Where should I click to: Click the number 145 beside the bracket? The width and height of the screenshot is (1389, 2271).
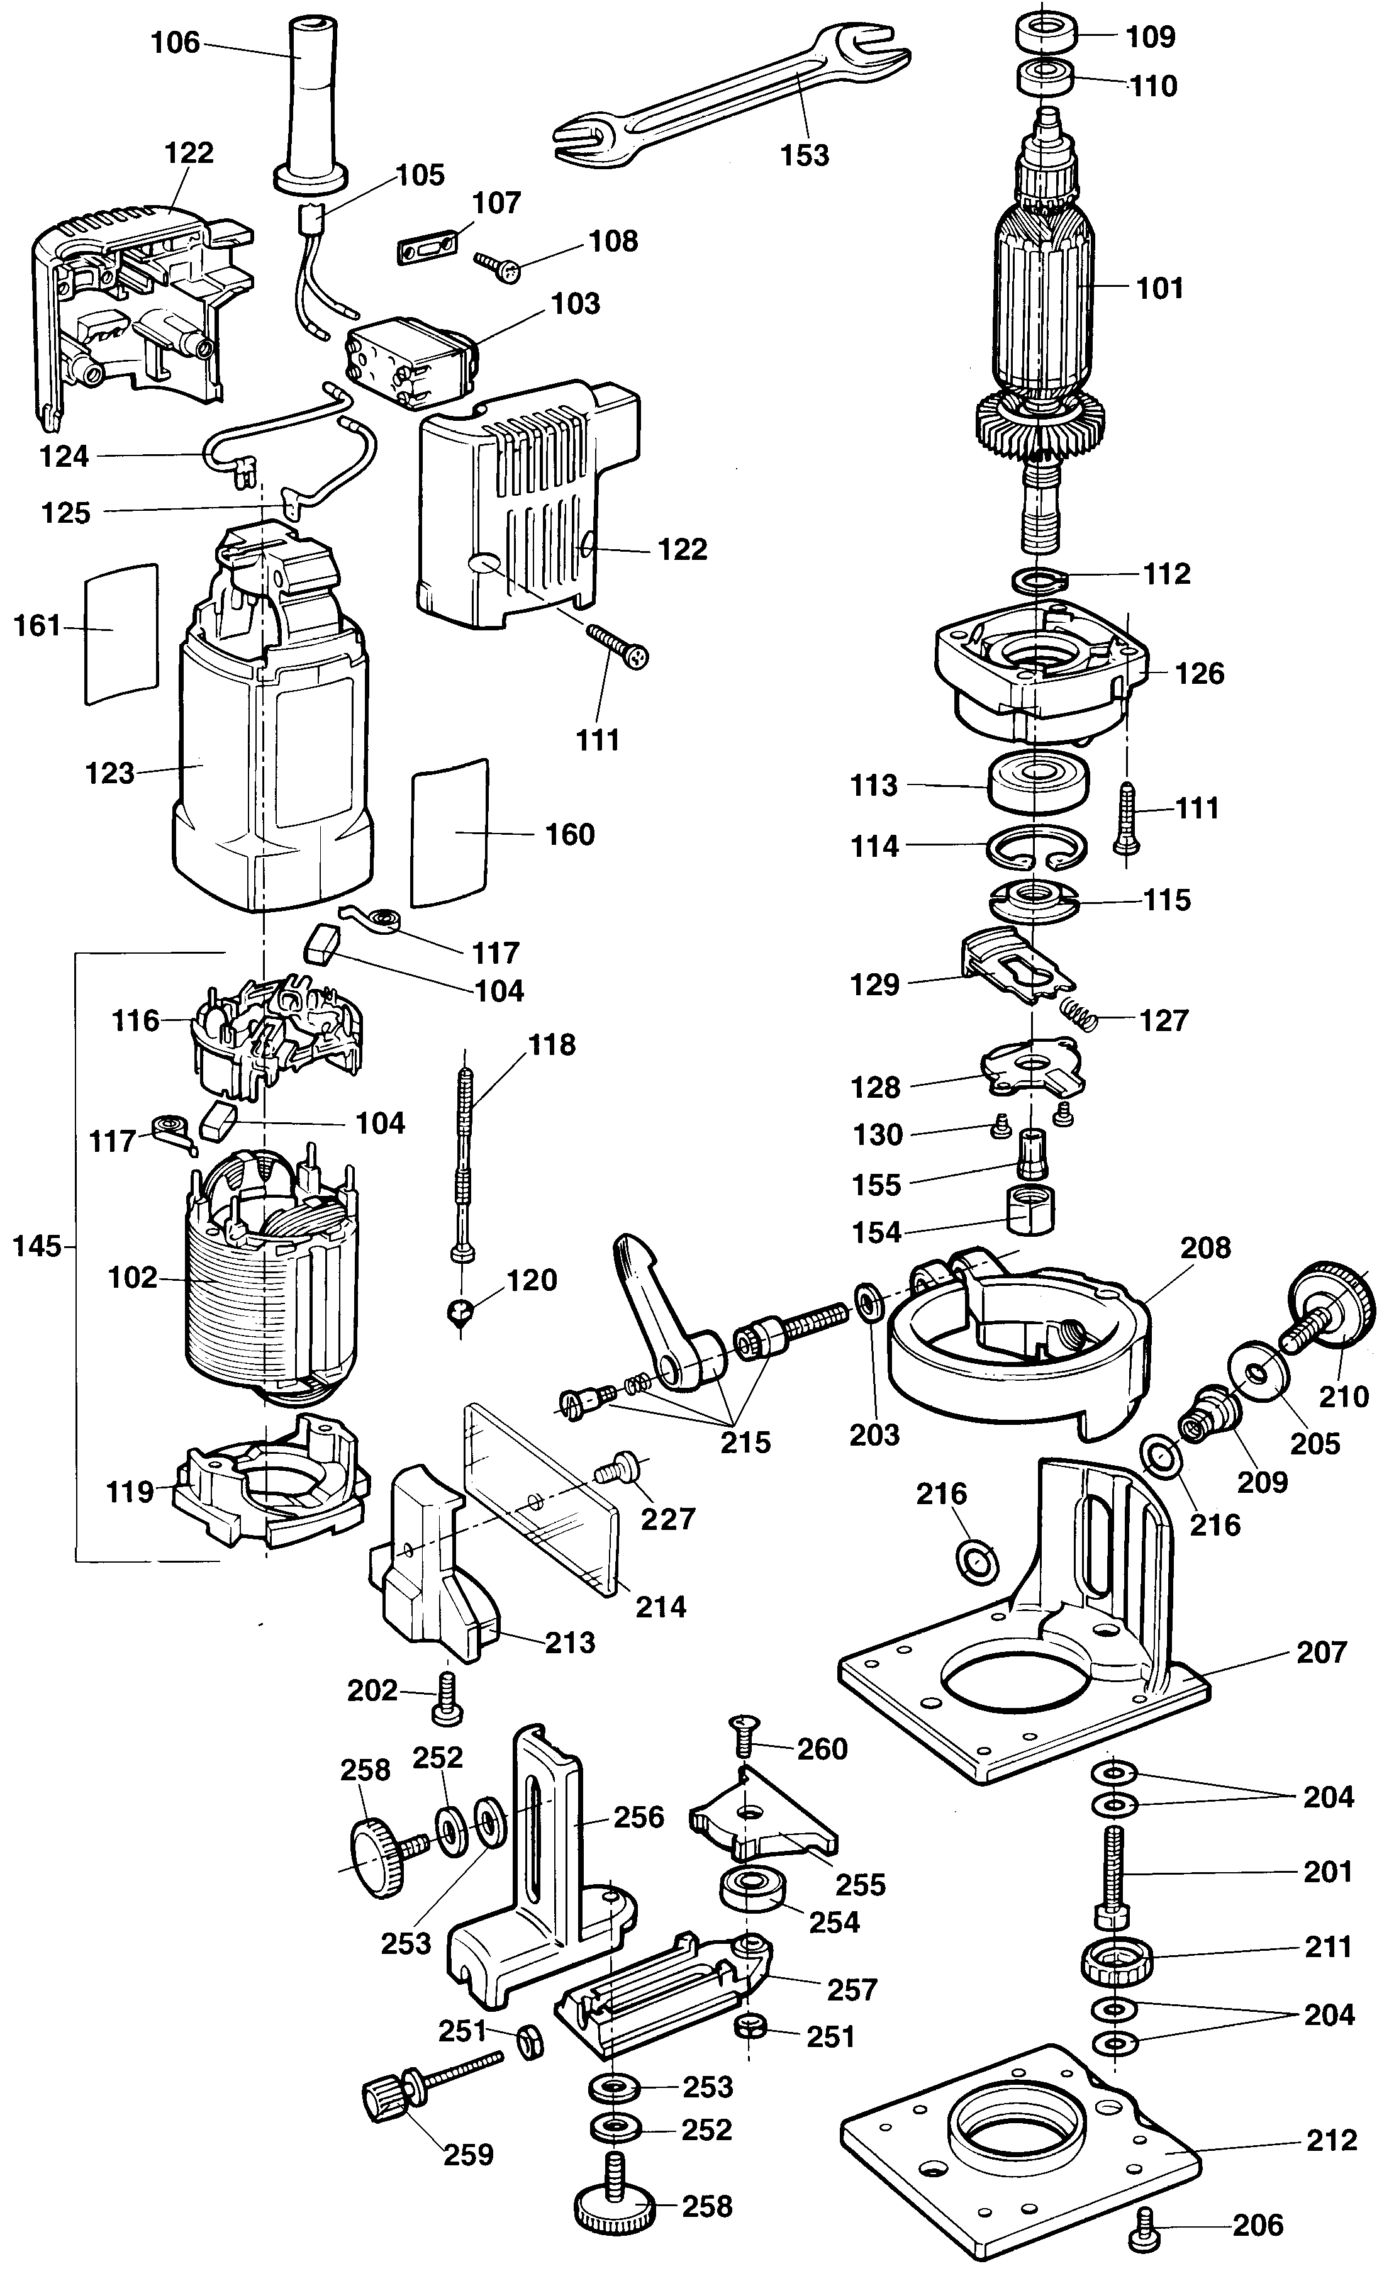point(37,1247)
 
